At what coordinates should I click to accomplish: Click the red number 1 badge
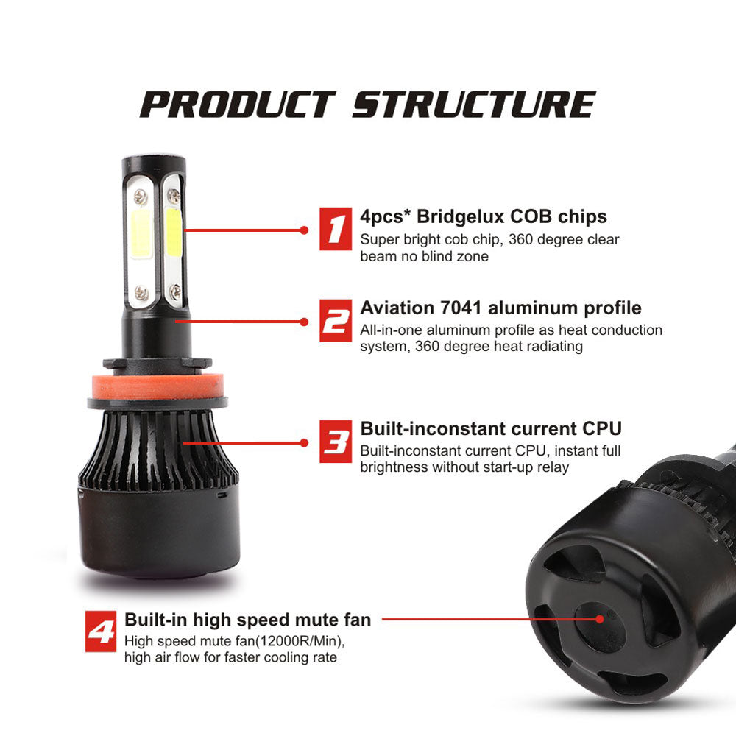pos(336,229)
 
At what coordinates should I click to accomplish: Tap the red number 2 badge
pos(336,321)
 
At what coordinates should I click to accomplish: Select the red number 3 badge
pos(336,441)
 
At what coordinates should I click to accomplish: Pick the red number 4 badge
pos(101,631)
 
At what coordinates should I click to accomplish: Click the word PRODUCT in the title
pos(238,105)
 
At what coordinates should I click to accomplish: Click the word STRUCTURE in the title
pos(474,105)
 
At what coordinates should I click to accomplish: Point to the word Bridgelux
pos(461,217)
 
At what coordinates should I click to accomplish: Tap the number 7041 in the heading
pos(461,308)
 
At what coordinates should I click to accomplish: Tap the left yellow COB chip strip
pos(141,234)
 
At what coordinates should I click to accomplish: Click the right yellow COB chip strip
pos(173,233)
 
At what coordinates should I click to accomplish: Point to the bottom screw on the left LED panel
pos(142,292)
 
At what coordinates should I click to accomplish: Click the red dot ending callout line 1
pos(304,230)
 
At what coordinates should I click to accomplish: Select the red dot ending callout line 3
pos(304,442)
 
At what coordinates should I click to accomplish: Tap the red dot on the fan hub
pos(599,619)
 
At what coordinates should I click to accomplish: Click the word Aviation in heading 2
pos(397,308)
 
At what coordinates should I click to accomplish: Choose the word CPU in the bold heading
pos(602,428)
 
